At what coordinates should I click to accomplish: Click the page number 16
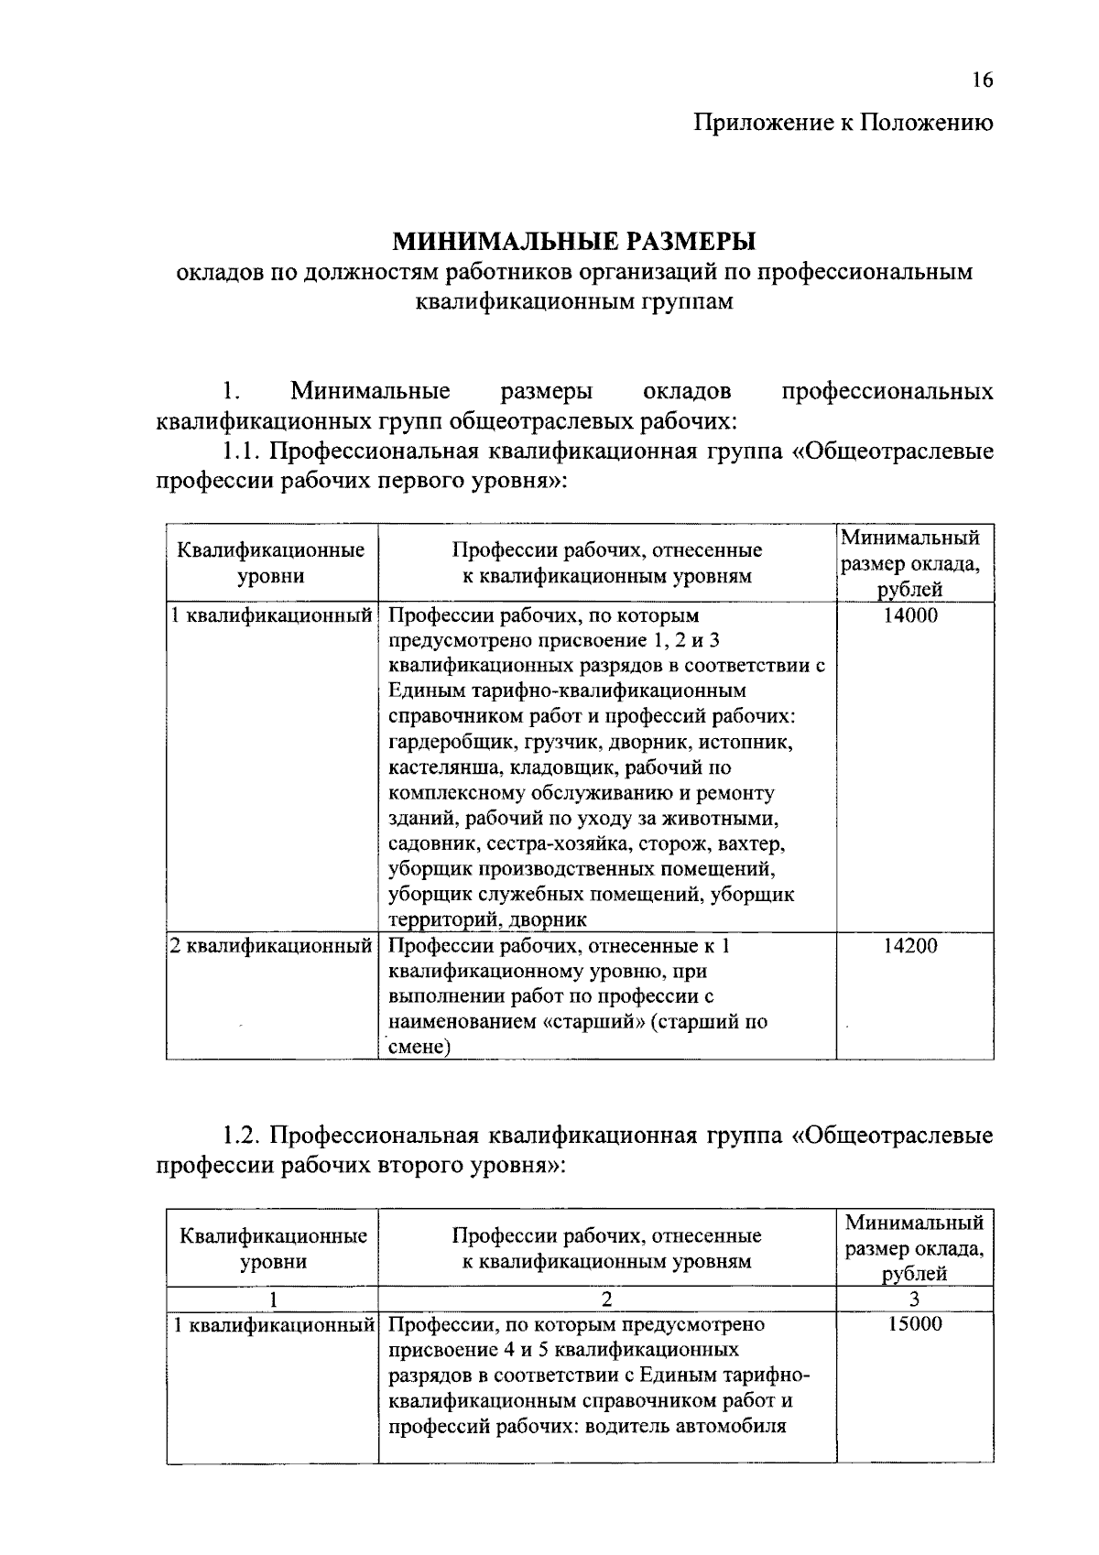982,81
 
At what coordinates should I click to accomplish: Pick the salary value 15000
914,1324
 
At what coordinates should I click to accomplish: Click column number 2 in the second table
606,1299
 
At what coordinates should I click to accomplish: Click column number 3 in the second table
914,1299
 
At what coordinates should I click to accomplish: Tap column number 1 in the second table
272,1299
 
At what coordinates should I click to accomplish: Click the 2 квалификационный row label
272,946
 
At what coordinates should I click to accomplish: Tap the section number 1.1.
244,451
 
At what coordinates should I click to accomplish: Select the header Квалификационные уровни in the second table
273,1248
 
